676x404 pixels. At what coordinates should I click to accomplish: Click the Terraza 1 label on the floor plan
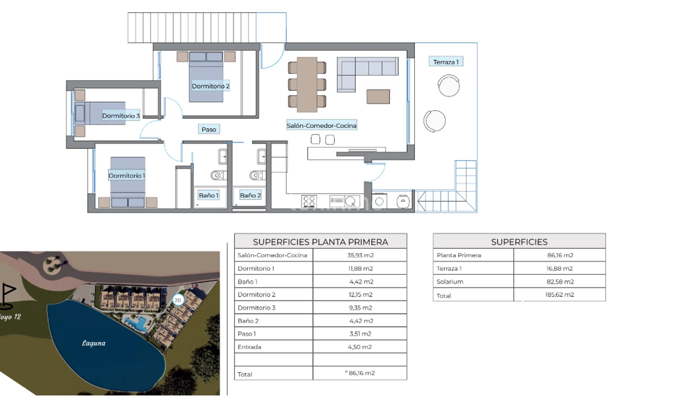coord(446,62)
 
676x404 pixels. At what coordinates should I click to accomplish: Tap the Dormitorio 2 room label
coord(211,86)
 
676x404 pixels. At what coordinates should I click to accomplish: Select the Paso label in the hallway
coord(209,129)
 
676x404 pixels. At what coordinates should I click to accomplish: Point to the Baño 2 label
coord(250,195)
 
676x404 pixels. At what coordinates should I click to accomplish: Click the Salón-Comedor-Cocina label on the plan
coord(321,125)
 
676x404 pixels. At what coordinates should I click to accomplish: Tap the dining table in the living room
coord(307,85)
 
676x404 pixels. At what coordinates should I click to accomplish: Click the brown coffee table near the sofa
coord(378,97)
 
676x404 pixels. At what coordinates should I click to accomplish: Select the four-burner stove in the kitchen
coord(309,201)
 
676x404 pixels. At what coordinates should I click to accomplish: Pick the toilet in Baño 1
coord(217,176)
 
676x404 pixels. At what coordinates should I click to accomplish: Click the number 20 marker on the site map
coord(178,300)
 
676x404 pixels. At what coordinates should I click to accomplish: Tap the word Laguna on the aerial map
coord(94,343)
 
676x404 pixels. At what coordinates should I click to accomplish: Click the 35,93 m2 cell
coord(360,255)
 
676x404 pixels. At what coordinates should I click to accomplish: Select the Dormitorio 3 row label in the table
coord(256,308)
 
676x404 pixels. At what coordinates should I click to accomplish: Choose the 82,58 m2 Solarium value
coord(560,282)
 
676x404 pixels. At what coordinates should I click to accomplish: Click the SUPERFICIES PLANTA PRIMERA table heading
coord(320,242)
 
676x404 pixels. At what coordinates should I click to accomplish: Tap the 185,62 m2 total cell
coord(559,295)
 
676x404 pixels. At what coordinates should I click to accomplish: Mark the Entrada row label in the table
coord(249,347)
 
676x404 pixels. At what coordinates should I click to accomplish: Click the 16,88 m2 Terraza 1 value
coord(559,268)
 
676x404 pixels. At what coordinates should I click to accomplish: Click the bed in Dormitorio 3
coord(100,113)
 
